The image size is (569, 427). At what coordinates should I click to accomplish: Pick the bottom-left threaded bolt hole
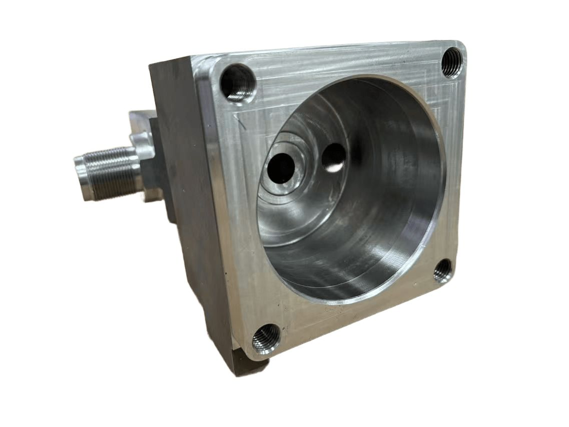point(265,338)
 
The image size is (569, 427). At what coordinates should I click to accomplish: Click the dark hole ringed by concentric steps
point(281,169)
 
